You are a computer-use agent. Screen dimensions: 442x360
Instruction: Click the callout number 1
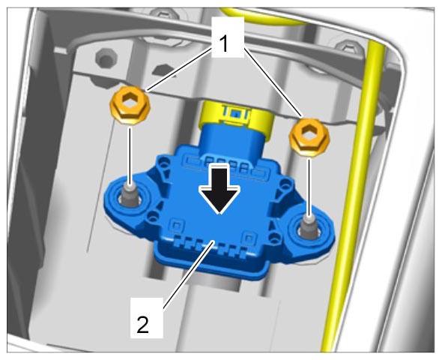coord(224,44)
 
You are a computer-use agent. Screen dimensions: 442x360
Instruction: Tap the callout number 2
coord(142,325)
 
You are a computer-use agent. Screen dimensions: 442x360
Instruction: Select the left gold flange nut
coord(130,106)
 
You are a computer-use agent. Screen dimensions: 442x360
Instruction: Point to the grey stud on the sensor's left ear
coord(130,196)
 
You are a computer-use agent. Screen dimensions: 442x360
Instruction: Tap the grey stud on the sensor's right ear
coord(309,226)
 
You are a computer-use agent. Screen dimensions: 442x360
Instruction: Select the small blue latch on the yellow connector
coord(234,114)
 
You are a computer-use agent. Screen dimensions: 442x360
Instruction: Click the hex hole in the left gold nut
coord(130,100)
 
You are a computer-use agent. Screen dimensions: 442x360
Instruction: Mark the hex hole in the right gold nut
coord(309,133)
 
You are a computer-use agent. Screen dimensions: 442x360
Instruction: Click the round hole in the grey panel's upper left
coord(106,58)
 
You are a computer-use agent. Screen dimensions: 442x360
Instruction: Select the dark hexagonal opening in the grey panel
coord(164,70)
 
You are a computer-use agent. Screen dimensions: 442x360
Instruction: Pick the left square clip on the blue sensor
coord(176,225)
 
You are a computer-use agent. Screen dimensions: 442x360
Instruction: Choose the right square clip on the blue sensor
coord(249,238)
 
